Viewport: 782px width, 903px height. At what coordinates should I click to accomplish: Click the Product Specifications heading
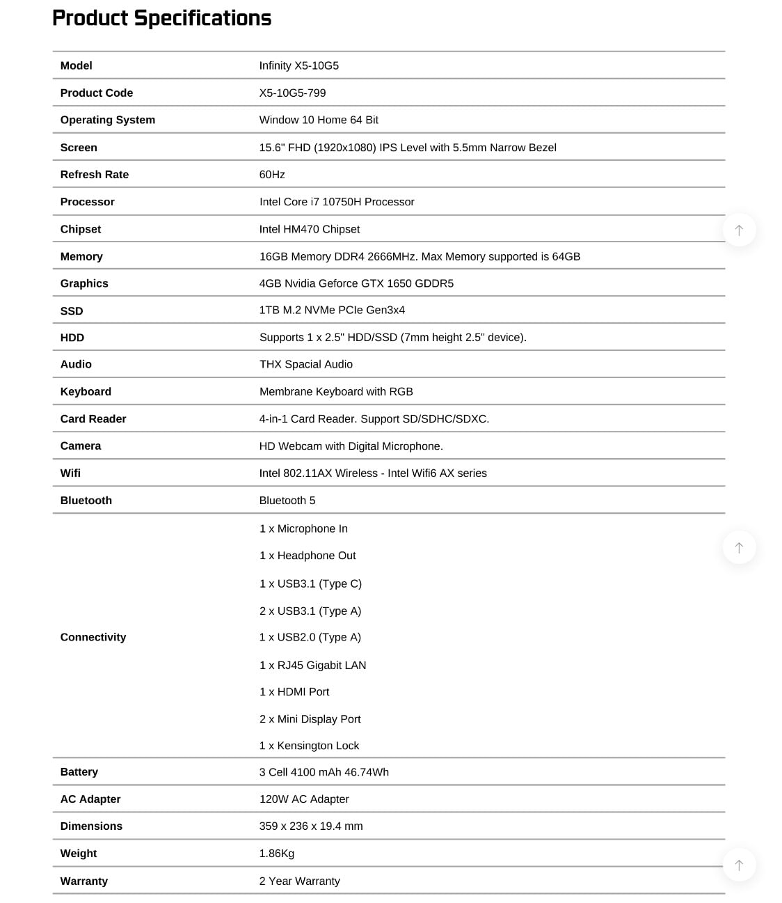[x=161, y=18]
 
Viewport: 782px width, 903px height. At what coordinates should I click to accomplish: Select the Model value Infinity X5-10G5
[x=298, y=65]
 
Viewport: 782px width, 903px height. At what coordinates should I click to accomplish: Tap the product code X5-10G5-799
[x=292, y=93]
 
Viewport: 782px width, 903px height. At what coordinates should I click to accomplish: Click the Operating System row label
[x=107, y=120]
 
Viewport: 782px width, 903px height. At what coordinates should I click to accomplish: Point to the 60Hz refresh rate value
[x=272, y=174]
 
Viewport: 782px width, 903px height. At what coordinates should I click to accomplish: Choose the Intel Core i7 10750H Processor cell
[x=337, y=202]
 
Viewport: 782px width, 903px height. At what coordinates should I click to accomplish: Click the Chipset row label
[x=81, y=229]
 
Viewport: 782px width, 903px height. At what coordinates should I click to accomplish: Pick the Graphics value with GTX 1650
[x=356, y=283]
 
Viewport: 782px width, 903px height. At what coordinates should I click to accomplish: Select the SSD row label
[x=72, y=311]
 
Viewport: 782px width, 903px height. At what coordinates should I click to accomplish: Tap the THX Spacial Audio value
[x=305, y=364]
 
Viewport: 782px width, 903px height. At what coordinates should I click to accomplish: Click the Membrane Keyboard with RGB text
[x=336, y=391]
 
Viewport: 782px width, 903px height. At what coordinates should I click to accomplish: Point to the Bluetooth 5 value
[x=287, y=501]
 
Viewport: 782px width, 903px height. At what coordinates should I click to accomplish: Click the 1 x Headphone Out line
[x=308, y=556]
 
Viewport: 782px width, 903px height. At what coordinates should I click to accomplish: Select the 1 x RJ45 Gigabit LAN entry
[x=312, y=665]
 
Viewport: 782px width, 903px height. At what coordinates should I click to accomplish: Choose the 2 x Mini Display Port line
[x=310, y=719]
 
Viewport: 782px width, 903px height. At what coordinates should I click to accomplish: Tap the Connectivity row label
[x=93, y=637]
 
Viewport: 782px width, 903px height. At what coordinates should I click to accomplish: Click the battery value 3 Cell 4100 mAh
[x=324, y=772]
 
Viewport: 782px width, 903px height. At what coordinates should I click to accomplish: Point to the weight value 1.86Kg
[x=276, y=854]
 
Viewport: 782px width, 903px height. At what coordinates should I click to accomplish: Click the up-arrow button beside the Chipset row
[x=739, y=230]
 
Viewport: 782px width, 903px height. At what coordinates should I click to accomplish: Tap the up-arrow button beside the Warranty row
[x=739, y=865]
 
